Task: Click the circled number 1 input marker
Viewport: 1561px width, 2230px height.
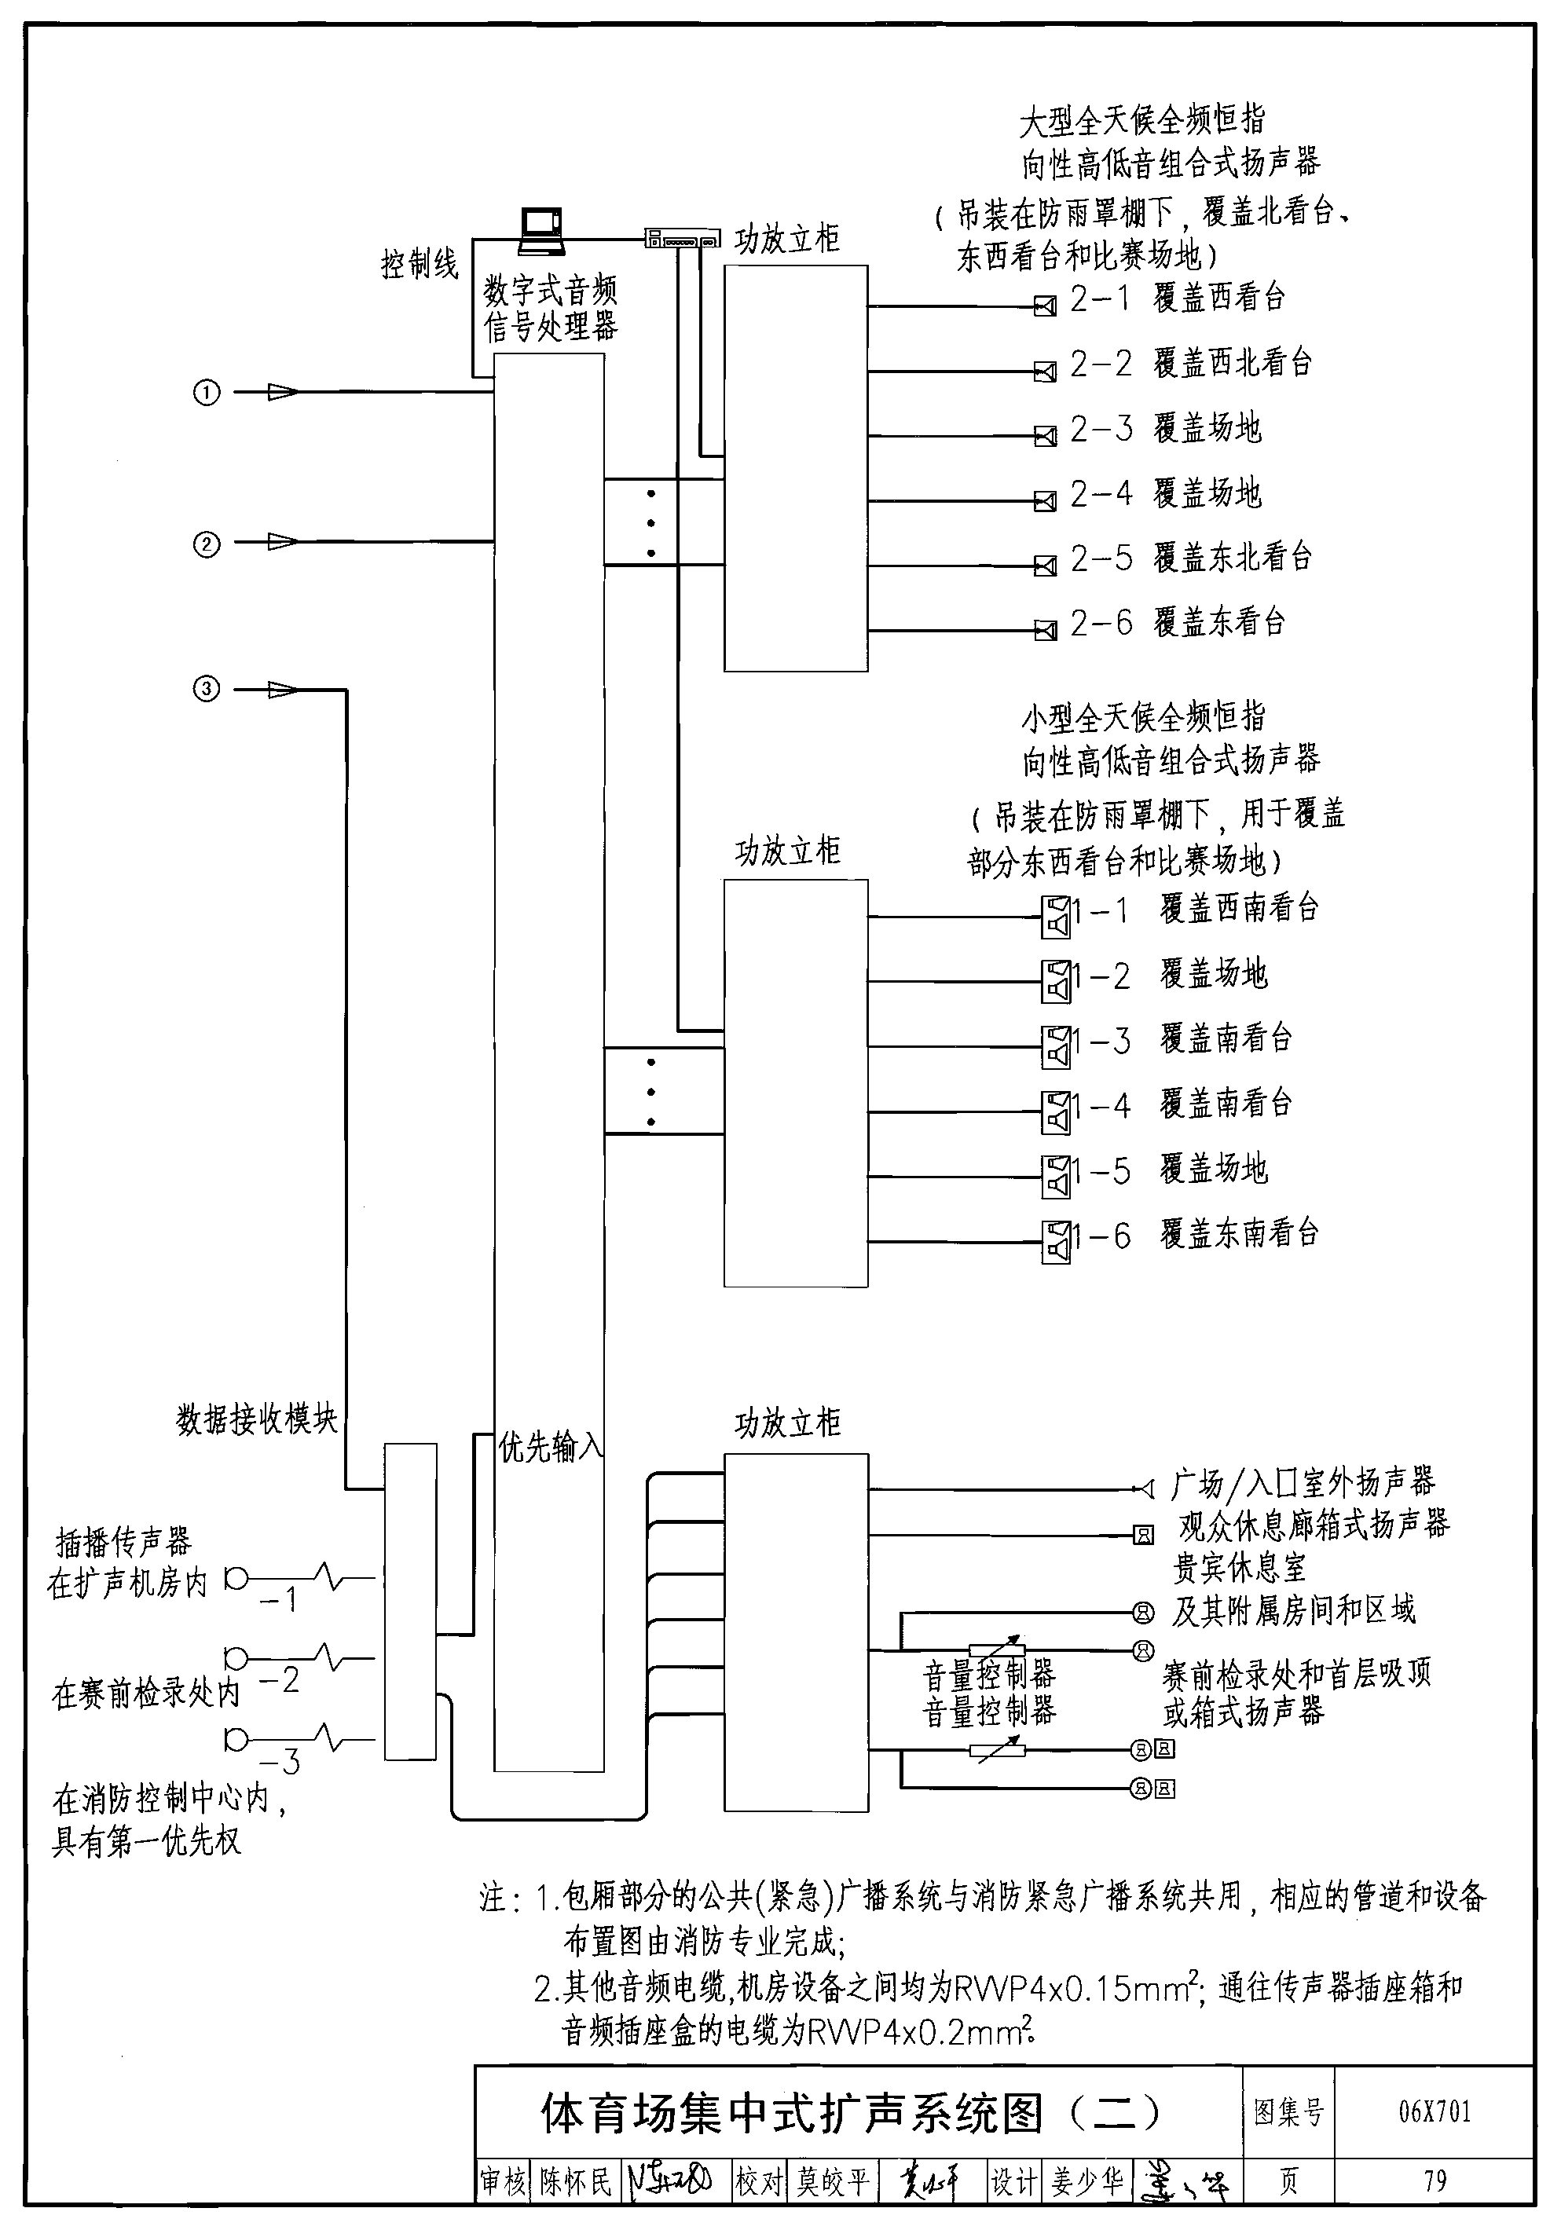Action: (x=207, y=393)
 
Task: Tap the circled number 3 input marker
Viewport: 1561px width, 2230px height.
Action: (x=207, y=690)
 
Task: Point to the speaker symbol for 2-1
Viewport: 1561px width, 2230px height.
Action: (x=1045, y=307)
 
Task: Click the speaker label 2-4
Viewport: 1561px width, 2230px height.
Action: (x=1101, y=493)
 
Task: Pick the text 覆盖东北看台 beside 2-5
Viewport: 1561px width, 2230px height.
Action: (x=1233, y=558)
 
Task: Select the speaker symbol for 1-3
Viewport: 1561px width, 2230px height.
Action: (x=1056, y=1048)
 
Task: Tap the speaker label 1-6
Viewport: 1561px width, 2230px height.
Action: (x=1102, y=1236)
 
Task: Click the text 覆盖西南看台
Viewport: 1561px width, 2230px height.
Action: (x=1240, y=908)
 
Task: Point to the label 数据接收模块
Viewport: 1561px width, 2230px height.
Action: (x=256, y=1419)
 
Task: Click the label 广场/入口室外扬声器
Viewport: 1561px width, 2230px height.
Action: (x=1303, y=1483)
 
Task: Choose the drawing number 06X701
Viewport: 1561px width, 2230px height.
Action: (x=1434, y=2111)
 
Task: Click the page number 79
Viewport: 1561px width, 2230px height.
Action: (x=1435, y=2181)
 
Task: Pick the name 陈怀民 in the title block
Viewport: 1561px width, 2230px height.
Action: (x=577, y=2182)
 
